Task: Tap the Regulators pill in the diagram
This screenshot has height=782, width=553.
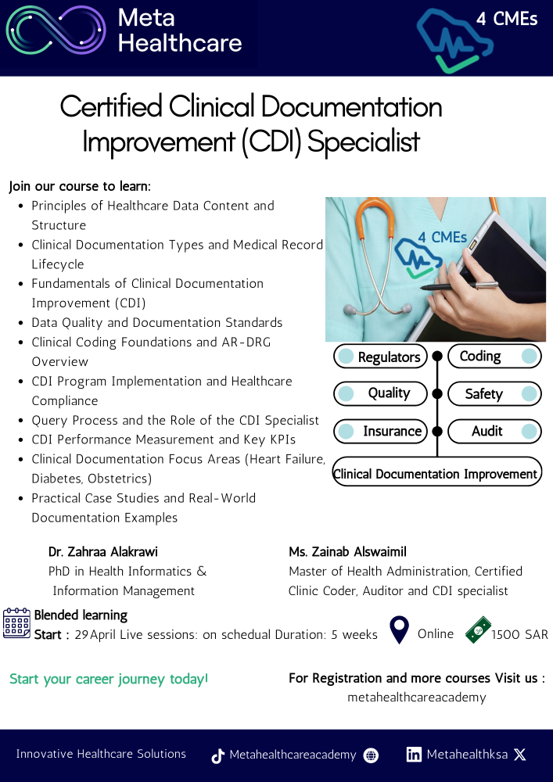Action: coord(380,357)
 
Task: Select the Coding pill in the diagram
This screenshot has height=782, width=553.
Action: coord(494,356)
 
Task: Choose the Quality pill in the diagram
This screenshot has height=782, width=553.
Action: coord(380,393)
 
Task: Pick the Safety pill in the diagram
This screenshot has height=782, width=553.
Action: coord(494,394)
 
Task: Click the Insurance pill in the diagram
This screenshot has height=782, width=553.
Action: coord(380,432)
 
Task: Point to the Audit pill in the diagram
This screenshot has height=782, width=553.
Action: coord(494,432)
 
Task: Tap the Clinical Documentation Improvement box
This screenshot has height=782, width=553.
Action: coord(436,472)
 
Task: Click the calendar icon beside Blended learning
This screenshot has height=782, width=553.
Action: coord(16,623)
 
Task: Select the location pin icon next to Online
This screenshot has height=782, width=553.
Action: coord(400,630)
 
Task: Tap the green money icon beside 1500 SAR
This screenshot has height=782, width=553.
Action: coord(478,630)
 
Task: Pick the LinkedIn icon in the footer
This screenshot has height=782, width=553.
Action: coord(414,755)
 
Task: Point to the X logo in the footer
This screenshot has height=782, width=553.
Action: coord(519,755)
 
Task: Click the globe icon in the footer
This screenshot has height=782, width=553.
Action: coord(371,755)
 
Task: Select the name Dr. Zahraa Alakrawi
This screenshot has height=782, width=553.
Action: coord(103,551)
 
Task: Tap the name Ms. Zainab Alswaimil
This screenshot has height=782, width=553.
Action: coord(347,551)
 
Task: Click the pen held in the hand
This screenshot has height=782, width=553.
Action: coord(459,285)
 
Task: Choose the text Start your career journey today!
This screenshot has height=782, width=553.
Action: coord(109,680)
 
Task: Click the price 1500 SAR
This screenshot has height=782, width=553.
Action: coord(519,634)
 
